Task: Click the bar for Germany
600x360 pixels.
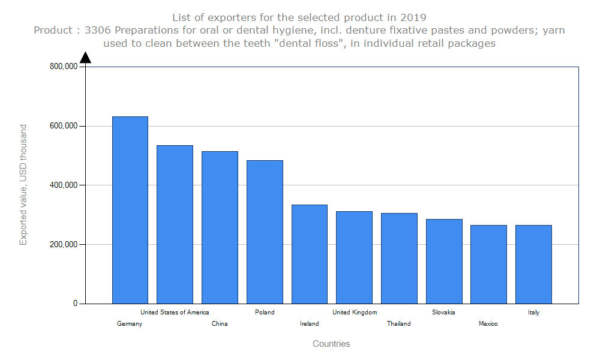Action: [x=130, y=210]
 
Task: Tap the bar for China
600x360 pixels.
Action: [x=220, y=227]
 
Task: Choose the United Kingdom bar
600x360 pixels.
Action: [x=354, y=257]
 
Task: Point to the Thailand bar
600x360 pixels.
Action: [x=399, y=258]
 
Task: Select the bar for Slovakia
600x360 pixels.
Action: [x=444, y=261]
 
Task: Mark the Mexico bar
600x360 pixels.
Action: [x=488, y=264]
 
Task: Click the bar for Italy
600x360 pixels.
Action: [x=533, y=264]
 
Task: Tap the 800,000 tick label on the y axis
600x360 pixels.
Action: [x=63, y=67]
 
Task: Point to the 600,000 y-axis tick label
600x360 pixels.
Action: [x=63, y=126]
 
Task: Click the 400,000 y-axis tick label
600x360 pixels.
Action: [x=63, y=185]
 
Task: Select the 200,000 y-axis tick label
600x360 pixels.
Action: [x=63, y=245]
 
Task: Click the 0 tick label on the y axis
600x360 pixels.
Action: [x=76, y=304]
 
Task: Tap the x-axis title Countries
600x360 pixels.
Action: [x=331, y=344]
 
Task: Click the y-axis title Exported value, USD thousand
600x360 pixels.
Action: [x=23, y=185]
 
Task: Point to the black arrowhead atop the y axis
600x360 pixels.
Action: [x=85, y=57]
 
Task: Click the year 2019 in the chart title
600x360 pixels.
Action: [x=413, y=17]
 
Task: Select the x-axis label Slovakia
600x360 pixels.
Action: [x=443, y=312]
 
